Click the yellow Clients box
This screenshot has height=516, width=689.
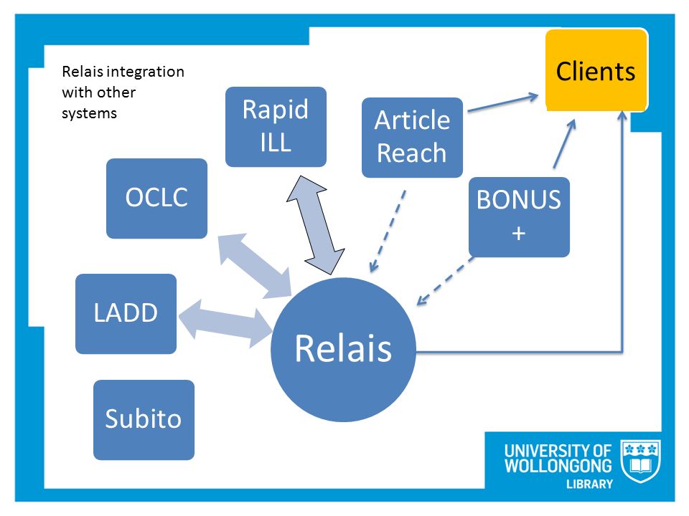(x=596, y=70)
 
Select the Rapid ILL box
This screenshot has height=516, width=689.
(x=276, y=127)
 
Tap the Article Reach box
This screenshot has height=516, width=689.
(x=412, y=138)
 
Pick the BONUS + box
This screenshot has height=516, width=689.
(x=519, y=216)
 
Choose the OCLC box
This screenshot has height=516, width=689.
(x=156, y=199)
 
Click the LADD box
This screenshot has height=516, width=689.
(x=126, y=314)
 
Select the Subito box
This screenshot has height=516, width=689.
(x=144, y=420)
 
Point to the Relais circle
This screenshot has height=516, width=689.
(x=343, y=350)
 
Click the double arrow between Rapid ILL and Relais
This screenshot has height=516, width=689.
(x=316, y=225)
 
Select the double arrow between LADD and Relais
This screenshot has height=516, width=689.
(x=225, y=325)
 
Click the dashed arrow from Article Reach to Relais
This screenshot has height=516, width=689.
(x=388, y=231)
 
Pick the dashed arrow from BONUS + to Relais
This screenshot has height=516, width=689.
(x=445, y=281)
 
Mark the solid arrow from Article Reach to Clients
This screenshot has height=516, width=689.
(x=503, y=102)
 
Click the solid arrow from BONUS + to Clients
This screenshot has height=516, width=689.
(x=564, y=143)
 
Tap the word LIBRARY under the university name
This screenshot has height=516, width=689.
(x=589, y=484)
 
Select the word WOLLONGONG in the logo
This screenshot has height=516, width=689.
(x=558, y=466)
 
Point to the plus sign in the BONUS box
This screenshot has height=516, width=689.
(x=519, y=233)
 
